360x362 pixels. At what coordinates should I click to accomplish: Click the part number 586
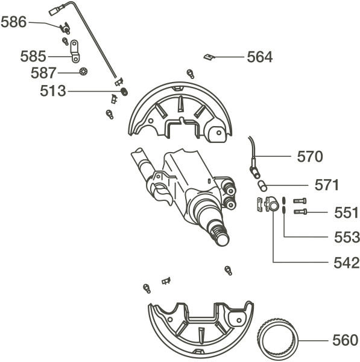[14, 22]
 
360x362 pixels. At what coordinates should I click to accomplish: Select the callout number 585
[33, 56]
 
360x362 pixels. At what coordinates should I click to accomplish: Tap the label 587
[43, 73]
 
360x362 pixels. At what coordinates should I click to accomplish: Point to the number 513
[53, 91]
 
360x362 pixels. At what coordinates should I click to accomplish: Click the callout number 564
[260, 57]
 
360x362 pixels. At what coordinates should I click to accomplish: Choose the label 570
[310, 157]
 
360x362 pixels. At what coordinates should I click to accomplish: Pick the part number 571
[327, 185]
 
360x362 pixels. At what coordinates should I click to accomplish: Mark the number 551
[346, 212]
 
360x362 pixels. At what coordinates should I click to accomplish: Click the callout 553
[347, 237]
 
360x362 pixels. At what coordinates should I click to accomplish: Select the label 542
[347, 263]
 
